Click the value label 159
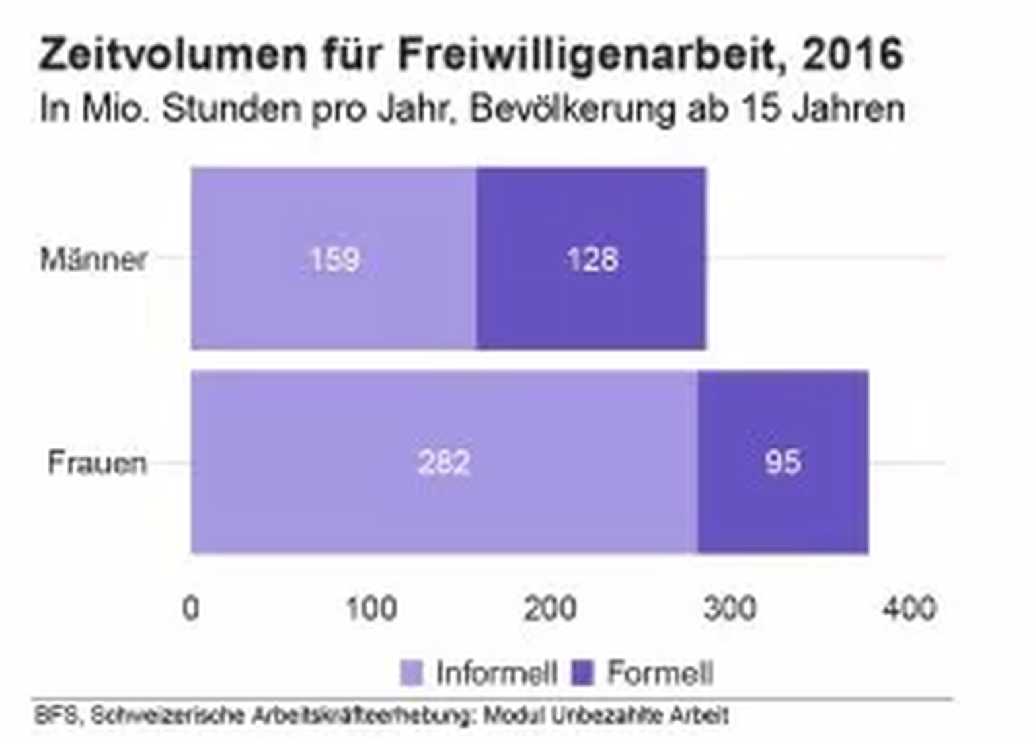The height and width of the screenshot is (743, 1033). click(x=335, y=259)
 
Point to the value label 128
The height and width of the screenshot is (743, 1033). click(x=592, y=259)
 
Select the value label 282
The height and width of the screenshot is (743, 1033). click(x=444, y=463)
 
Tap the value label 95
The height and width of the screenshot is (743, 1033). click(x=783, y=463)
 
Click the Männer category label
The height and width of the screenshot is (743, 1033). click(x=93, y=260)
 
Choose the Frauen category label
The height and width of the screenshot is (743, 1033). click(x=97, y=463)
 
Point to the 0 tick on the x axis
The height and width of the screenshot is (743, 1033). click(x=191, y=608)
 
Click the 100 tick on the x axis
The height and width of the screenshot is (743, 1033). click(x=371, y=608)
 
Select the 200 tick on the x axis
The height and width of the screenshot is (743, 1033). click(x=550, y=608)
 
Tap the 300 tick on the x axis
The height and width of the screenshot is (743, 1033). click(x=730, y=608)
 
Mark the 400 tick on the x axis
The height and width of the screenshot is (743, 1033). click(x=909, y=608)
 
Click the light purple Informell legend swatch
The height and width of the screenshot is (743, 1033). click(x=412, y=673)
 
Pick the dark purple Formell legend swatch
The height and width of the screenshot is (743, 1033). click(x=582, y=673)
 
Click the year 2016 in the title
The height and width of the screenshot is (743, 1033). click(x=852, y=54)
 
